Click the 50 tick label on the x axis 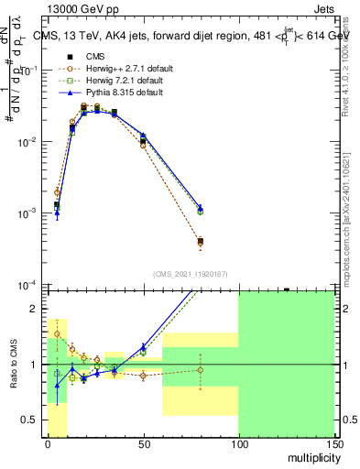pos(142,444)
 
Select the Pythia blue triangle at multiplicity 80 pos(200,208)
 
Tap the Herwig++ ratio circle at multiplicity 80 pos(200,370)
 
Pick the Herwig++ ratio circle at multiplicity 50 pos(142,376)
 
